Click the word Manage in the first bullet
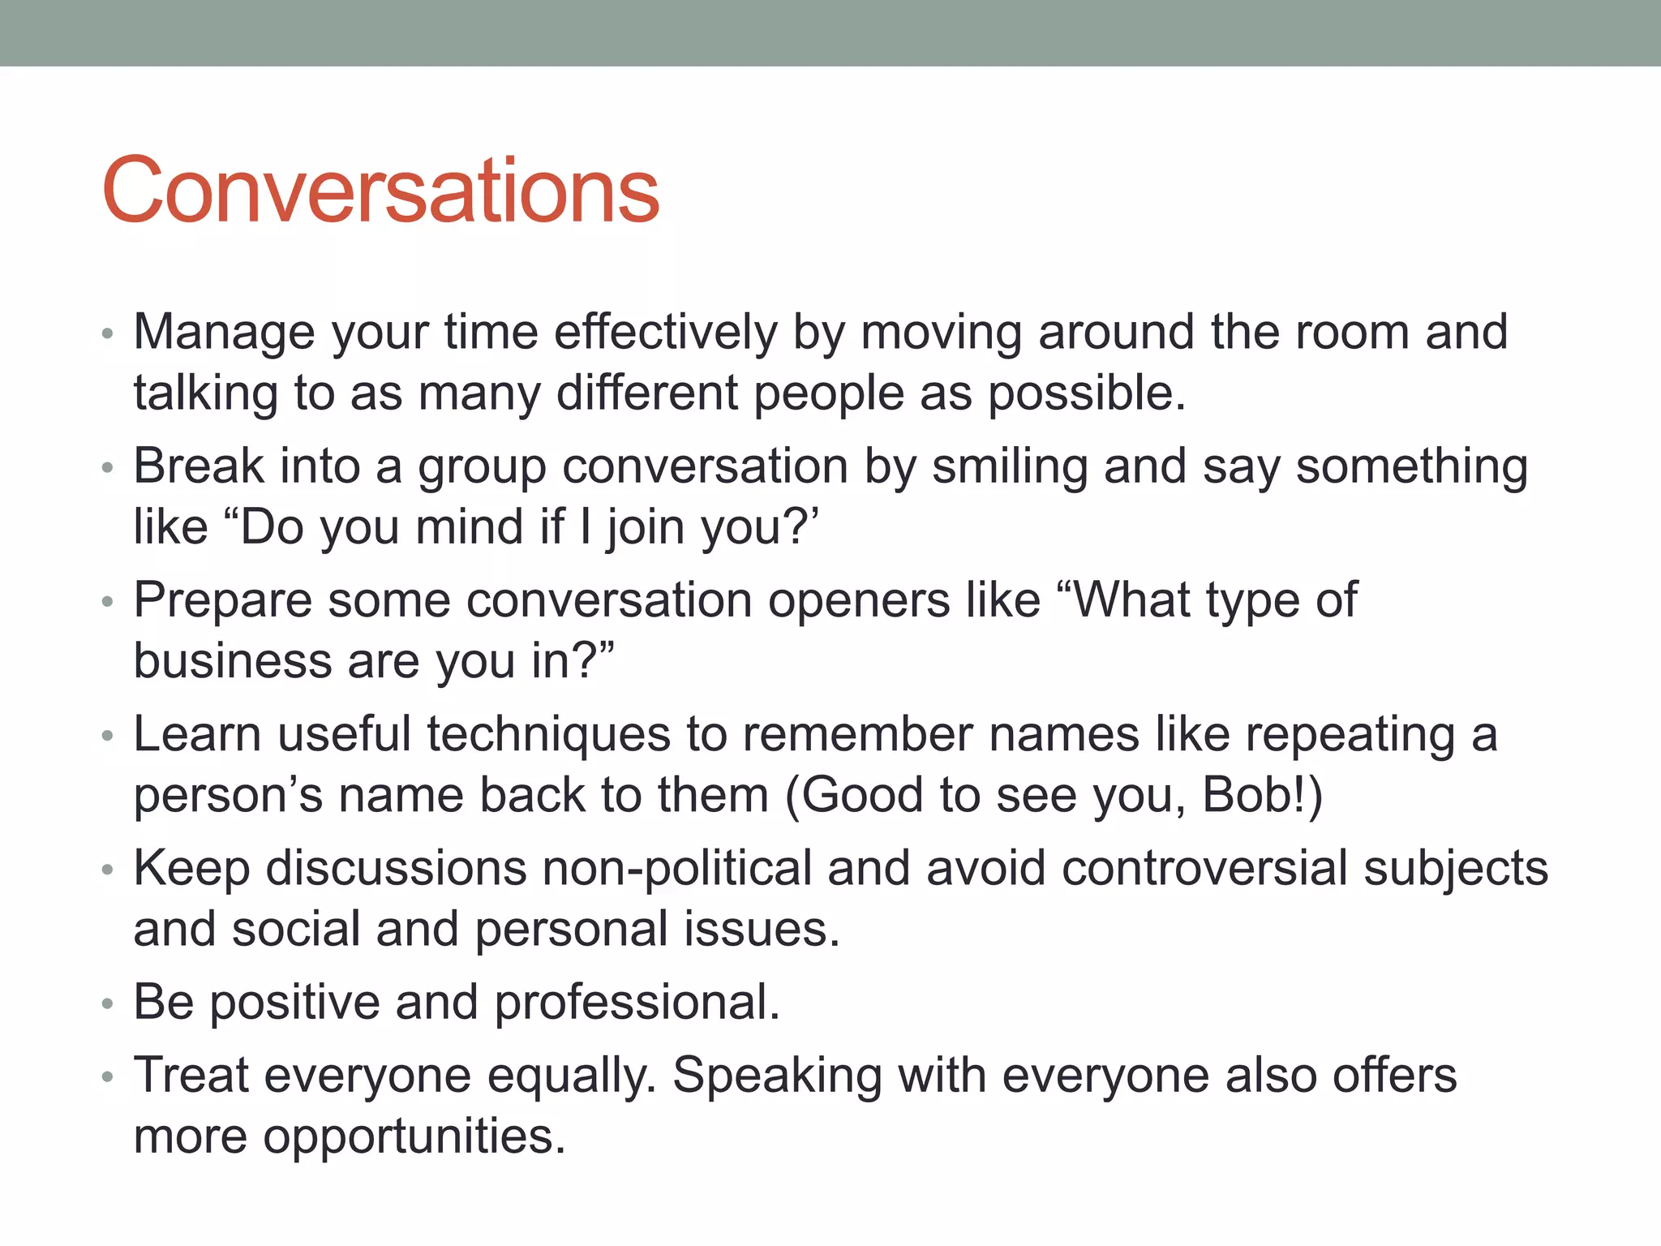(x=224, y=333)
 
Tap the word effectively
(x=665, y=333)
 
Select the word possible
(x=1087, y=394)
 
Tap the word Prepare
(x=222, y=601)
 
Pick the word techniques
(x=548, y=735)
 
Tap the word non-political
(x=677, y=869)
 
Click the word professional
(x=637, y=1003)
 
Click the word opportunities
(x=414, y=1136)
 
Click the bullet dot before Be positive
(x=108, y=1004)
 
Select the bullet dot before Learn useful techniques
(x=108, y=737)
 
